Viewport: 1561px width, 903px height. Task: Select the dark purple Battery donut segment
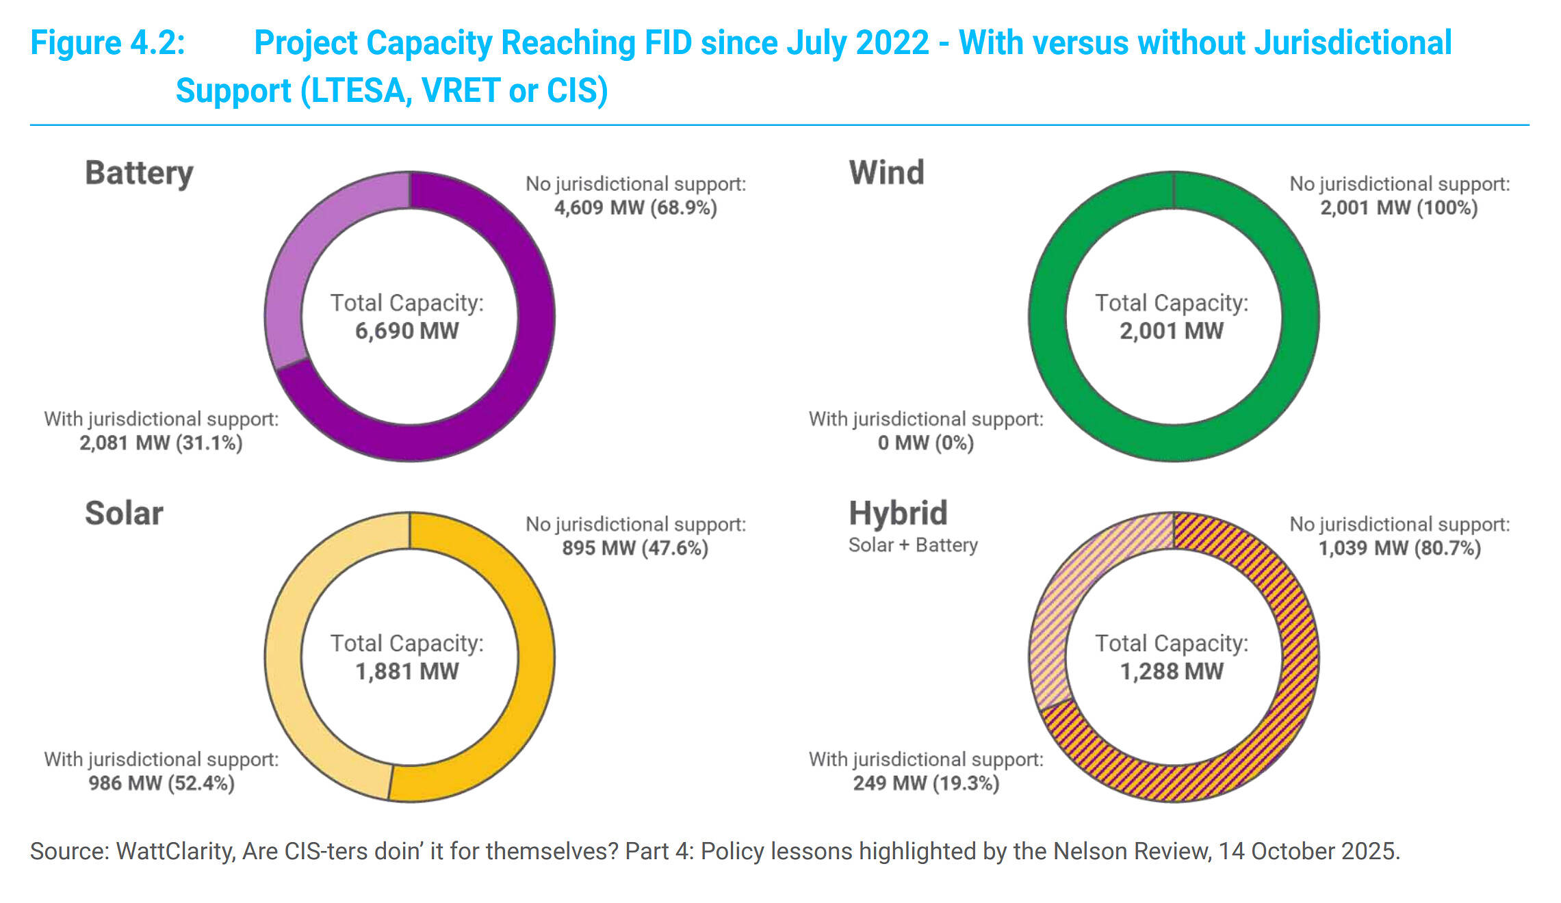click(x=520, y=383)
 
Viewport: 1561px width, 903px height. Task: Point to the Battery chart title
click(x=139, y=173)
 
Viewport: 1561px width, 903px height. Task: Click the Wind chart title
click(x=886, y=172)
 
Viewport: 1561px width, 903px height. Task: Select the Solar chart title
click(x=124, y=514)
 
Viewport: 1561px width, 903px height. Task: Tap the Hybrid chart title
click(x=898, y=513)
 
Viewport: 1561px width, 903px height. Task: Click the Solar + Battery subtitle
click(x=913, y=545)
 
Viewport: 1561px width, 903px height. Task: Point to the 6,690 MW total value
click(x=407, y=331)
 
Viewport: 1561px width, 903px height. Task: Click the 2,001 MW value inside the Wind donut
click(x=1171, y=331)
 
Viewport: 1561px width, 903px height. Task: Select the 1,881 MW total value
click(x=407, y=671)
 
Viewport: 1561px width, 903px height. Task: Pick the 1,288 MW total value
click(x=1171, y=671)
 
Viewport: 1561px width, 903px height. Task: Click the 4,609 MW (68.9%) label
click(x=635, y=207)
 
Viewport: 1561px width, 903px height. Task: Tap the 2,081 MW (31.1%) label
click(x=161, y=443)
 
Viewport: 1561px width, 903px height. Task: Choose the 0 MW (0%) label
click(x=925, y=443)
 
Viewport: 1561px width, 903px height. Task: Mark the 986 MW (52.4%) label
click(x=161, y=783)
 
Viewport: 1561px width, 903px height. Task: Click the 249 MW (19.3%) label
click(x=925, y=783)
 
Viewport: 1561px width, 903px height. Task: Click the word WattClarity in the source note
click(x=175, y=852)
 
